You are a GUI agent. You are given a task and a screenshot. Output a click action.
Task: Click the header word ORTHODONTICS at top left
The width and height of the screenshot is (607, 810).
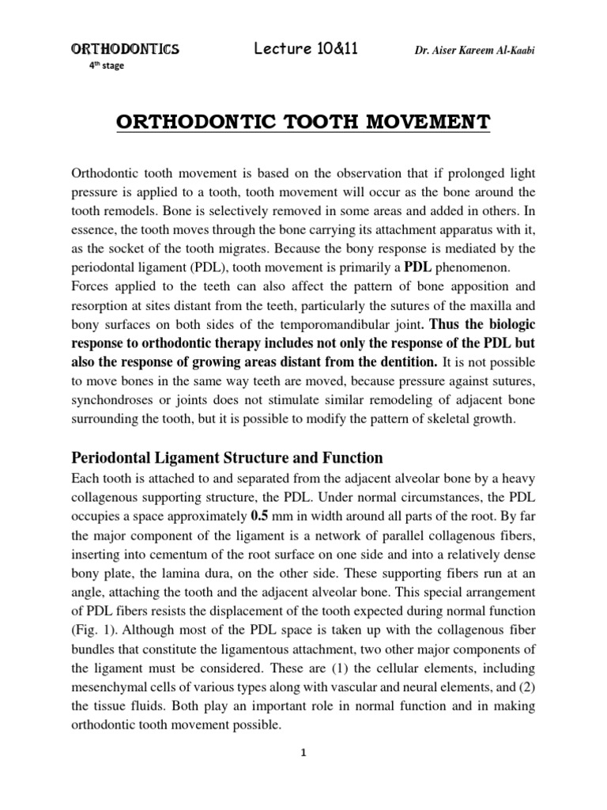click(x=126, y=50)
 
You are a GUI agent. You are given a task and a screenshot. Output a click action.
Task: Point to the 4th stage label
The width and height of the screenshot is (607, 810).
click(x=106, y=66)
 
